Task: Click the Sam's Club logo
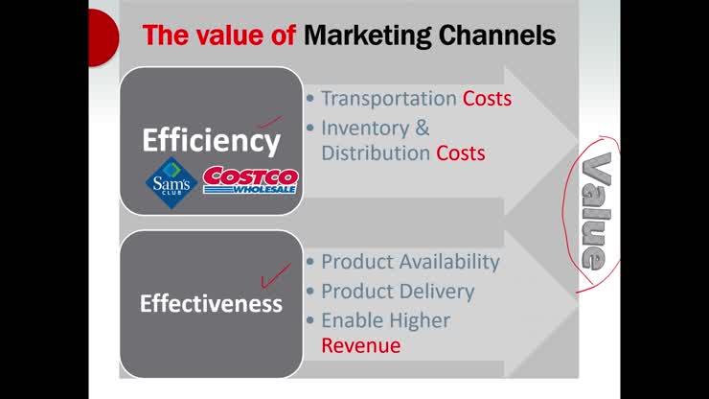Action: pos(172,181)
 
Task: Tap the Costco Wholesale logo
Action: pos(250,180)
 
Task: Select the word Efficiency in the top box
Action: pos(211,141)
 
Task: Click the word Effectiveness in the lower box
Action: pos(211,304)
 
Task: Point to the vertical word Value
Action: pos(596,211)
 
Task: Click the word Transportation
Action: pos(388,99)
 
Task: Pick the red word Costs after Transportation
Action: pos(487,99)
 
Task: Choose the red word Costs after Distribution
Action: pos(460,153)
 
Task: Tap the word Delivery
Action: pos(437,291)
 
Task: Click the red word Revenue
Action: pos(360,345)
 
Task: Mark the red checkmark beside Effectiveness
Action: pos(276,275)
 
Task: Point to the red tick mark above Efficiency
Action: pos(271,123)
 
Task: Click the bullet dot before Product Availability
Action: pos(309,263)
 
